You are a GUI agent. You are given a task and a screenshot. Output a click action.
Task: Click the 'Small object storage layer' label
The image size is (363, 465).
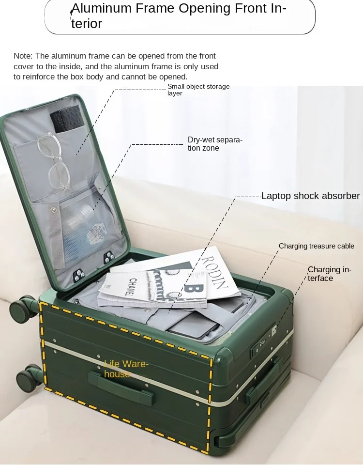tap(198, 90)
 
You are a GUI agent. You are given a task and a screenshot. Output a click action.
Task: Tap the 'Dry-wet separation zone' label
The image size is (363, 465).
tap(215, 144)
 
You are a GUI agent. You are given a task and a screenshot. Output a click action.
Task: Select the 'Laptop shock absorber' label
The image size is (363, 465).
tap(310, 196)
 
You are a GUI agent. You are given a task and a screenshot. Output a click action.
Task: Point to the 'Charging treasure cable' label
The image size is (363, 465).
tap(317, 246)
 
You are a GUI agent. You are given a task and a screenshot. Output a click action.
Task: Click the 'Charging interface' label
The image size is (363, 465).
tap(329, 274)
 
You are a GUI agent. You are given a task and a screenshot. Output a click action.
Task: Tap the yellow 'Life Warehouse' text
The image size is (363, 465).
tap(126, 369)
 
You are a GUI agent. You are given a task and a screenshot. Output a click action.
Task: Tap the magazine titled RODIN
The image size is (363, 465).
tap(213, 274)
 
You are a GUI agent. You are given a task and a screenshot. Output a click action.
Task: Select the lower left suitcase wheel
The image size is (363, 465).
tap(28, 378)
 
